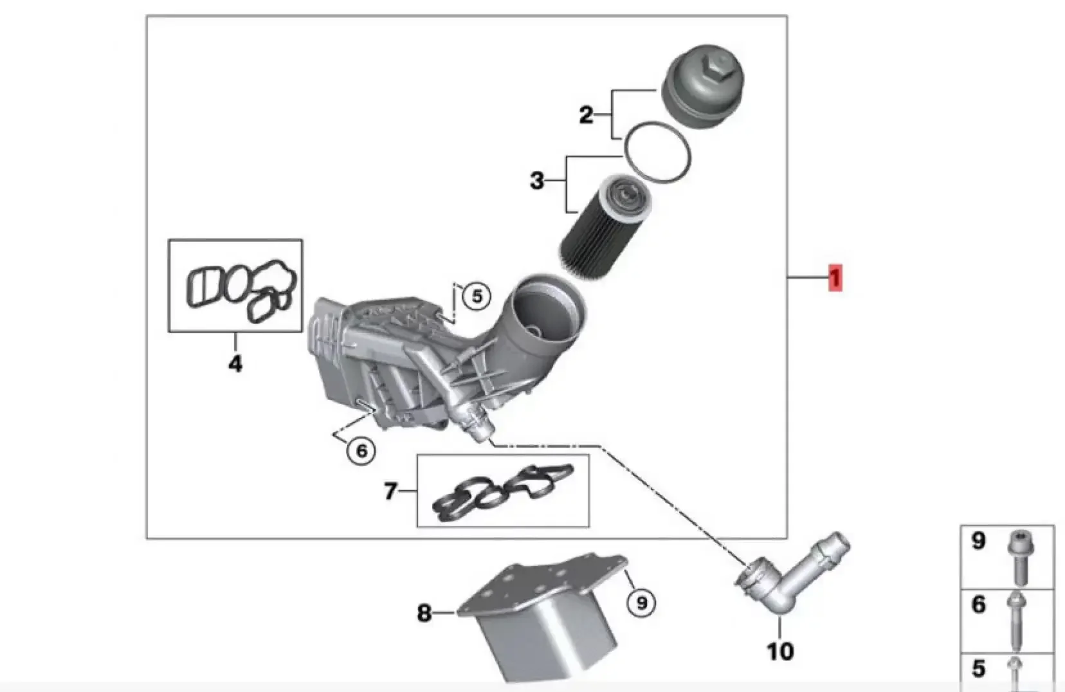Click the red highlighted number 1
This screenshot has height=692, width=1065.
835,278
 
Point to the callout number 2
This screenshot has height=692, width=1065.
585,115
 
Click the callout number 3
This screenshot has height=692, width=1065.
537,181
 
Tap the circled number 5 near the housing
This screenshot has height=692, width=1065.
477,296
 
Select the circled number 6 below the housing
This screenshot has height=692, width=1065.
361,451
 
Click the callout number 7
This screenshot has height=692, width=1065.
390,492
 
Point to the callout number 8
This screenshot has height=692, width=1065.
424,613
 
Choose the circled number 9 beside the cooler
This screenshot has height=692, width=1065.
641,603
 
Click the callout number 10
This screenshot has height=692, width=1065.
780,651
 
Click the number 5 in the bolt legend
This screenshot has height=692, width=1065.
978,669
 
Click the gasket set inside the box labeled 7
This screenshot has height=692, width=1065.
502,491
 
